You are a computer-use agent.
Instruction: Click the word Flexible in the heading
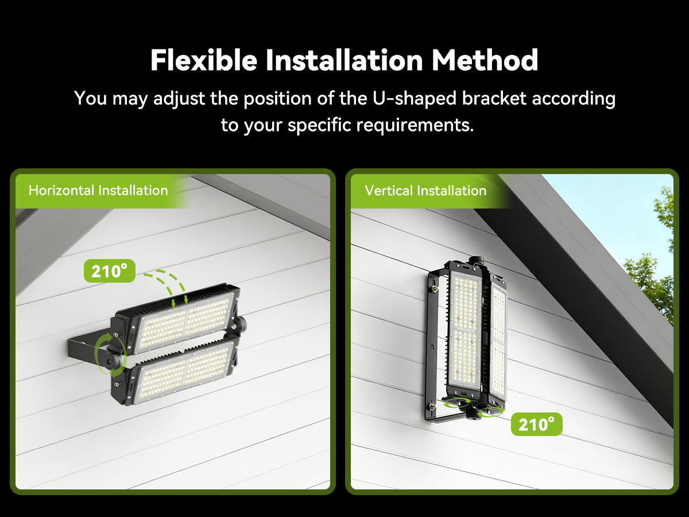pos(204,60)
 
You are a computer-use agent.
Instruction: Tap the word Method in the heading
pos(485,60)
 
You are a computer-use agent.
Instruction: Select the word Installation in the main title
pos(344,60)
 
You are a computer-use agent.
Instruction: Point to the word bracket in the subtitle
pos(494,98)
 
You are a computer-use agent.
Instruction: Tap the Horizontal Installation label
pos(98,191)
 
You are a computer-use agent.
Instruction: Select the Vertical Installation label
pos(425,191)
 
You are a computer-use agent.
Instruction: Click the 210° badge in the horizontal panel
pos(110,271)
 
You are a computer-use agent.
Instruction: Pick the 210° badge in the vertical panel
pos(536,424)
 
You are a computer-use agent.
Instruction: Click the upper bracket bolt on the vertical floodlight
pos(436,288)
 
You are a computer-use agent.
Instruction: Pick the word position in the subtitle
pos(277,99)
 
